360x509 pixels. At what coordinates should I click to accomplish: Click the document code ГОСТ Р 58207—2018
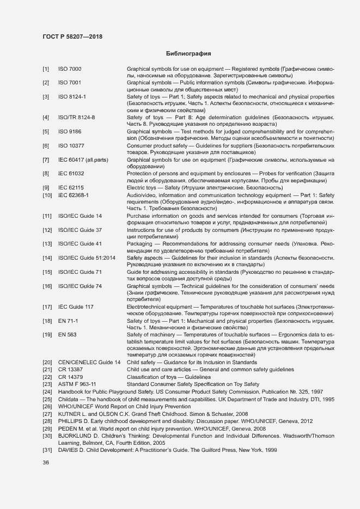[x=72, y=36]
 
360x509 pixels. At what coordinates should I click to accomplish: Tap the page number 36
[x=46, y=463]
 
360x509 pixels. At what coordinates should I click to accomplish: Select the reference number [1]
[x=46, y=69]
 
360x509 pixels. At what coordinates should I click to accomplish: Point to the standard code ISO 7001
[x=70, y=82]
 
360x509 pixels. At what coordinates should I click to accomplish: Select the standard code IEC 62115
[x=71, y=187]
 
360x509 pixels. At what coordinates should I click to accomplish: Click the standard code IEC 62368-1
[x=74, y=194]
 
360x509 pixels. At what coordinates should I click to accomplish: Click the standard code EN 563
[x=67, y=334]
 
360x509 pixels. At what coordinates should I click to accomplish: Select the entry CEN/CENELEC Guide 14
[x=89, y=363]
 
